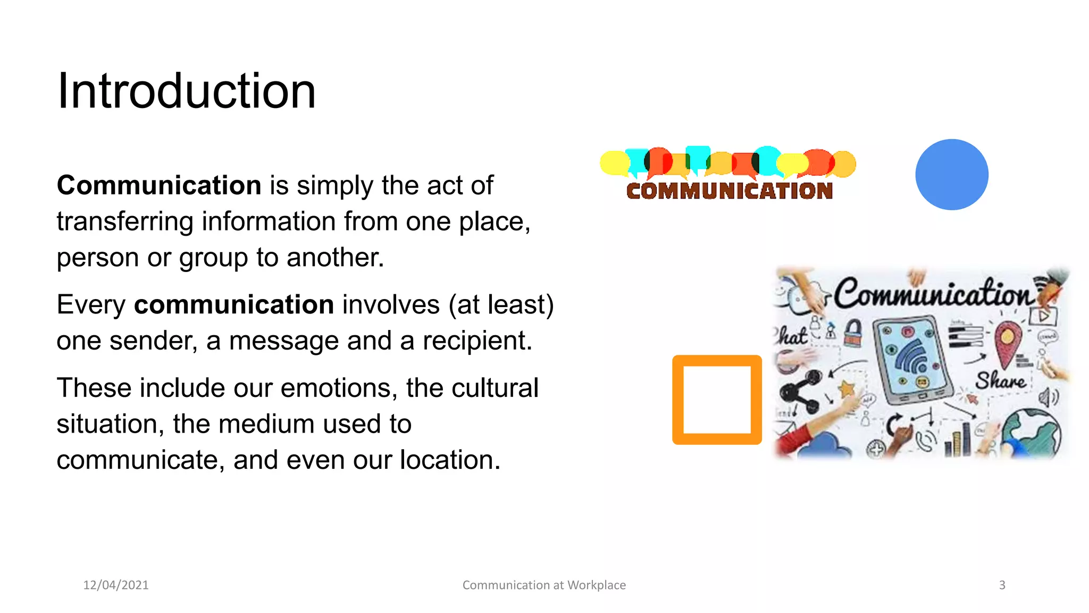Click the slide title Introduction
tap(186, 92)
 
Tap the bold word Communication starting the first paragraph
tap(159, 186)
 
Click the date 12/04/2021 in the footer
tap(116, 585)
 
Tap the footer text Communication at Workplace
tap(544, 585)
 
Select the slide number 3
tap(1002, 585)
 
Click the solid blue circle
tap(952, 175)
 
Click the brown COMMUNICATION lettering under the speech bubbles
tap(729, 191)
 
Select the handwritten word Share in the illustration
tap(1000, 381)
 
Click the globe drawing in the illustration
tap(1032, 433)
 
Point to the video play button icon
tap(1043, 317)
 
